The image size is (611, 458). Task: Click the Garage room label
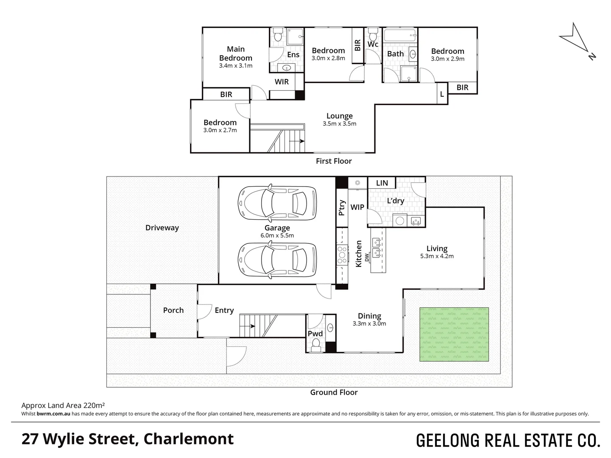277,228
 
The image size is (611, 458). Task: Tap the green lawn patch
454,334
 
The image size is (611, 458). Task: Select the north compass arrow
577,41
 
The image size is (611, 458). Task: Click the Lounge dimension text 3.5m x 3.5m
339,124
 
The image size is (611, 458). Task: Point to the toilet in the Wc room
372,34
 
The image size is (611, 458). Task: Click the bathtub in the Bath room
400,36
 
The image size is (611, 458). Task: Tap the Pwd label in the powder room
315,334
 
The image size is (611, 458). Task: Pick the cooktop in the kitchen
342,254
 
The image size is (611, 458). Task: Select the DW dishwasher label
367,257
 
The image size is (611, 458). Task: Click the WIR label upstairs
282,82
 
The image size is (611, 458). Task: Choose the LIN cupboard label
382,183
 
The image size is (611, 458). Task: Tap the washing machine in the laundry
400,221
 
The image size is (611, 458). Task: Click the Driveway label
162,228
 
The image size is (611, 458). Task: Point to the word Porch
173,310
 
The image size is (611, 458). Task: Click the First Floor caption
334,161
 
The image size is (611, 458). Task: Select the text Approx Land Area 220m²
63,405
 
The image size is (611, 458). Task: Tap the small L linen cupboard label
442,95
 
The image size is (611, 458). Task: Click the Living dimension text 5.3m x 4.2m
437,256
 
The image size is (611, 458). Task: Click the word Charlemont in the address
188,439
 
